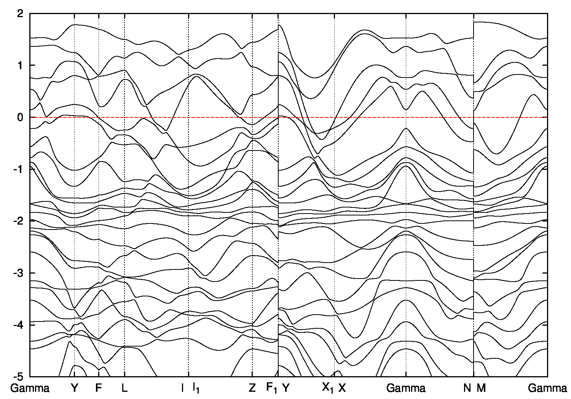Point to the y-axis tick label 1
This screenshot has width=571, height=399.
21,65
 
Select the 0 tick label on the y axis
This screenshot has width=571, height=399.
21,117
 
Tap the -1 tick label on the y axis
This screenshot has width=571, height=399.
19,169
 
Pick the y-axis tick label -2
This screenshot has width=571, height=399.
19,221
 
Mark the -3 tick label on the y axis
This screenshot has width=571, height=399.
19,273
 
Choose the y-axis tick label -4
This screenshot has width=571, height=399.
19,325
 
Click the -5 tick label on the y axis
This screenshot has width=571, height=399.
19,377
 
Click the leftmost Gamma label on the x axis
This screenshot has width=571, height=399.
30,388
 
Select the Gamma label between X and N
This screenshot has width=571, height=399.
406,388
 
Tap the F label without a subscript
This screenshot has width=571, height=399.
99,388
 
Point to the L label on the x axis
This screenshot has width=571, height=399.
124,388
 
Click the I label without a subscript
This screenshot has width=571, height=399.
182,388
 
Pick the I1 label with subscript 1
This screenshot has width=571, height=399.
196,388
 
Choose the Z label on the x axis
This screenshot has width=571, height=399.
252,388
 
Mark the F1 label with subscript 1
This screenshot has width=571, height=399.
272,388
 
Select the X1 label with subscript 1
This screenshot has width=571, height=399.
328,388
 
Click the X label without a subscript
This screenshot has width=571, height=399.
342,388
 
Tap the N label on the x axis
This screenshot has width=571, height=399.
467,388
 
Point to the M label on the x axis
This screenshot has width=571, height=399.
482,388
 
